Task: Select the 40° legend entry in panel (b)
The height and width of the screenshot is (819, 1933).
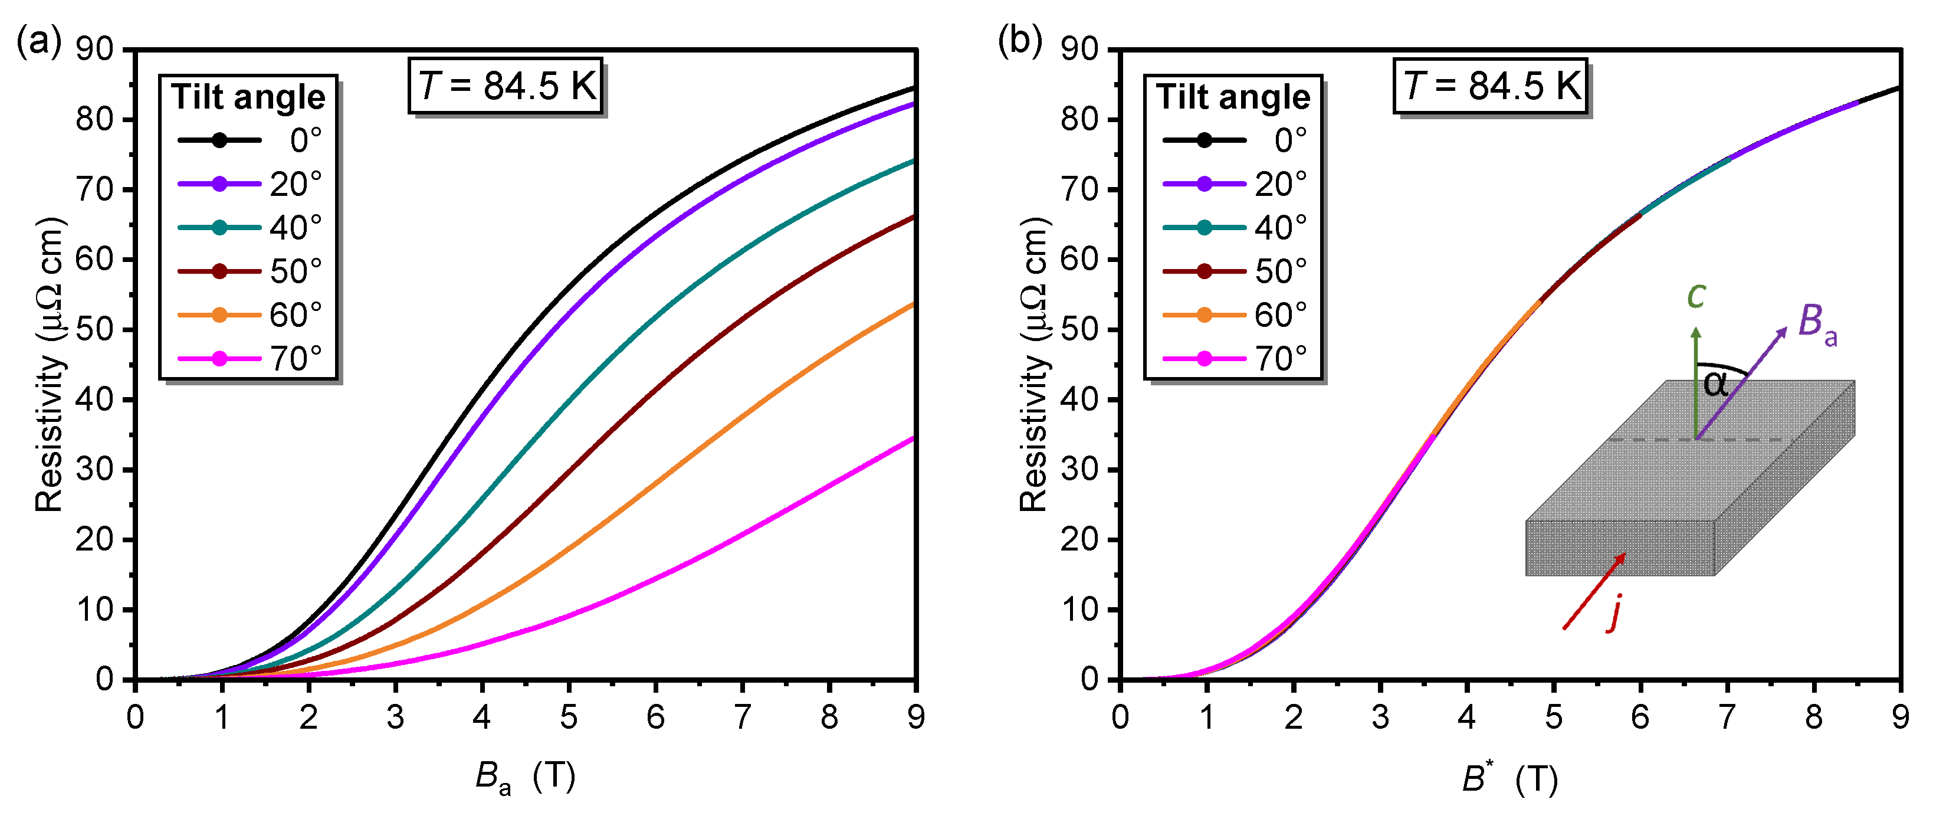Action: click(1235, 227)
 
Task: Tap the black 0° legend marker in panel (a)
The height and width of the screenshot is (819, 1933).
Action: click(219, 140)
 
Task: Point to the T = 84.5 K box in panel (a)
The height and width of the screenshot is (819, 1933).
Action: click(506, 86)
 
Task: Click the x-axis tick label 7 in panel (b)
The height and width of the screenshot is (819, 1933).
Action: click(1727, 718)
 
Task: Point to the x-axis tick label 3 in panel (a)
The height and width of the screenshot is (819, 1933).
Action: click(395, 718)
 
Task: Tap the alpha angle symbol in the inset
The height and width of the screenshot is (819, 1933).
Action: click(1716, 384)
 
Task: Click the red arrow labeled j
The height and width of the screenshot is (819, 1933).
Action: click(1594, 591)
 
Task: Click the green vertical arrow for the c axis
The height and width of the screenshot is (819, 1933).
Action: click(1696, 383)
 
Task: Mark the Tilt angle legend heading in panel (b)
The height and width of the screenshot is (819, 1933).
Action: click(1233, 97)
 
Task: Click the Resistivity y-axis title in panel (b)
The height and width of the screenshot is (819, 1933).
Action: click(1033, 364)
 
